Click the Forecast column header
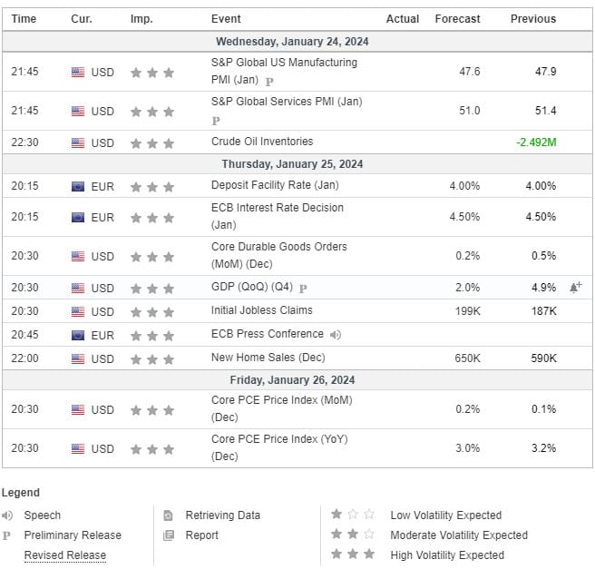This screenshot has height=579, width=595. coord(457,18)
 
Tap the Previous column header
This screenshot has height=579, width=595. coord(533,18)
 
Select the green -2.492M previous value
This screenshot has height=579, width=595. coord(536,142)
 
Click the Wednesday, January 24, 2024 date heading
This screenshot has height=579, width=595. coord(292,42)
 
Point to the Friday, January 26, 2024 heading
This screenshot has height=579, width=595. coord(292,380)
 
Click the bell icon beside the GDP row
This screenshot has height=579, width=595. coord(575,288)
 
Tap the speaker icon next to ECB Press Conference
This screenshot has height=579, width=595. coord(336,335)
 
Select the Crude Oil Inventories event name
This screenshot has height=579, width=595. coord(262,142)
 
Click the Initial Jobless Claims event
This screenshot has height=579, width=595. coord(262,310)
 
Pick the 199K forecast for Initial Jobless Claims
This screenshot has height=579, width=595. coord(467,311)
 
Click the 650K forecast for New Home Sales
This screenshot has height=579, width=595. coord(467,358)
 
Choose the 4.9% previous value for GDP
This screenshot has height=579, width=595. coord(544,288)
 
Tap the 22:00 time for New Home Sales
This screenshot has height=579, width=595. coord(24,358)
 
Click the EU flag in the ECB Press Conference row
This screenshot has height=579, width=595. coord(78,336)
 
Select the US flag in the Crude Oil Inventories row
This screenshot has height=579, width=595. coord(78,143)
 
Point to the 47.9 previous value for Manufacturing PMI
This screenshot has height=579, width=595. coord(546,72)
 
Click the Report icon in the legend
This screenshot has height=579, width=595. coord(169,535)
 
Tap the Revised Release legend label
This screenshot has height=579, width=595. coord(65,555)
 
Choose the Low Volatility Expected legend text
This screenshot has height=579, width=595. coord(446,515)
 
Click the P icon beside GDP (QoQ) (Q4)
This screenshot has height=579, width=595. coord(303,289)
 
